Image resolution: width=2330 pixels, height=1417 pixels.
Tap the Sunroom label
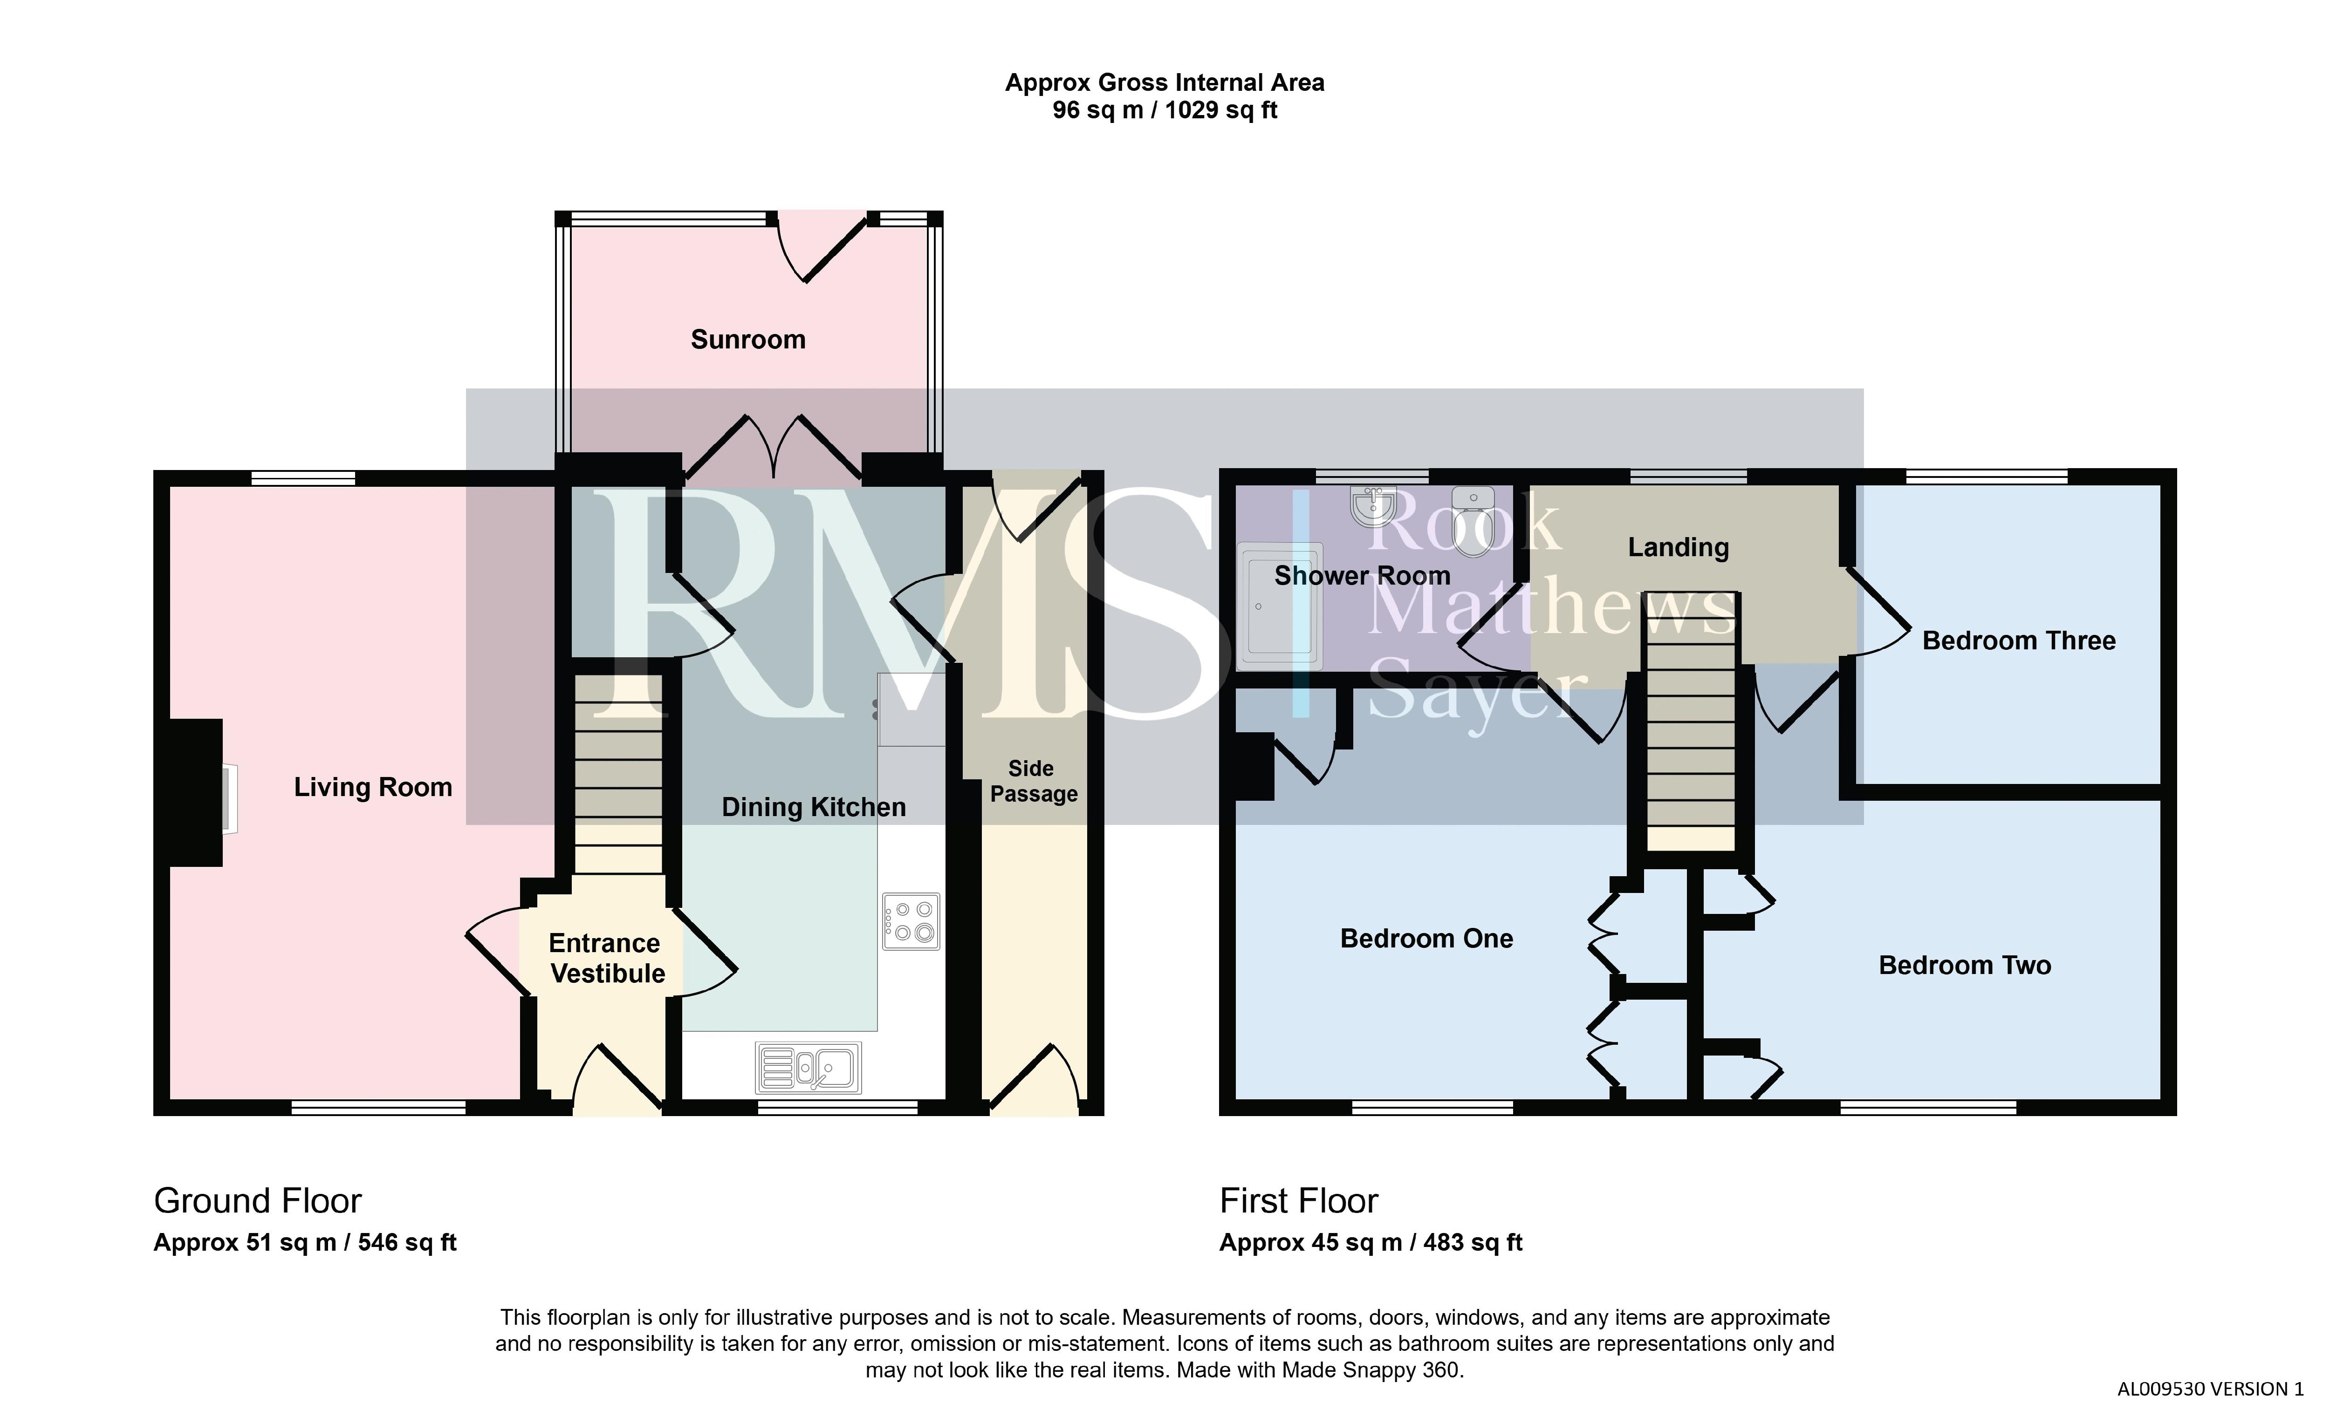748,340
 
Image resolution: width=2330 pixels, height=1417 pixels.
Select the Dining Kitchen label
813,807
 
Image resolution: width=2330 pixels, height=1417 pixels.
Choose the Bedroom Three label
2019,641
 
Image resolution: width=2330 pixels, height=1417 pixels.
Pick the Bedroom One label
1427,939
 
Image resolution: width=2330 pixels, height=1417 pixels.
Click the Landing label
1679,547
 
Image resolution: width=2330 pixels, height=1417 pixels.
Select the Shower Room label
1362,576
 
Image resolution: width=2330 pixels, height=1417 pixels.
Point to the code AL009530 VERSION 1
2210,1389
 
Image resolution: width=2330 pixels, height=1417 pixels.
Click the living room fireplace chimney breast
196,792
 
